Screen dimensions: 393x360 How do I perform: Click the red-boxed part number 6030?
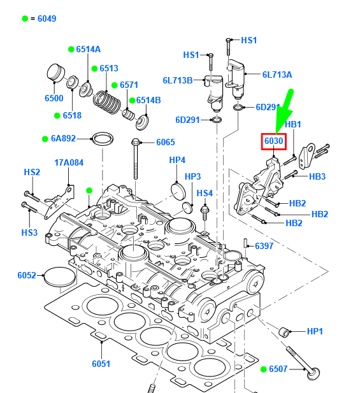[x=274, y=141]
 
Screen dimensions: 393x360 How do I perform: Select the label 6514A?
[x=89, y=49]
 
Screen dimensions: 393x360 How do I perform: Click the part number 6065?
[x=165, y=142]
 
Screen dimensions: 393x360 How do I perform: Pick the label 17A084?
[x=69, y=162]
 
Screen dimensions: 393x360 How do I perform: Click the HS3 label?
[x=31, y=232]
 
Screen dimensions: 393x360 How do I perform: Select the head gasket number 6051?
[x=101, y=364]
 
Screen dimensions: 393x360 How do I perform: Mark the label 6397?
[x=264, y=246]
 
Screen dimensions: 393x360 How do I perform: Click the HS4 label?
[x=205, y=193]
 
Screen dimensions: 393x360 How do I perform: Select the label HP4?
[x=176, y=159]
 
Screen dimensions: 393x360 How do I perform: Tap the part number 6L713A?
[x=277, y=75]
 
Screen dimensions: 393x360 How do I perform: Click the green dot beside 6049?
[x=25, y=18]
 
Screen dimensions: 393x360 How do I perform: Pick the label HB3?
[x=317, y=176]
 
